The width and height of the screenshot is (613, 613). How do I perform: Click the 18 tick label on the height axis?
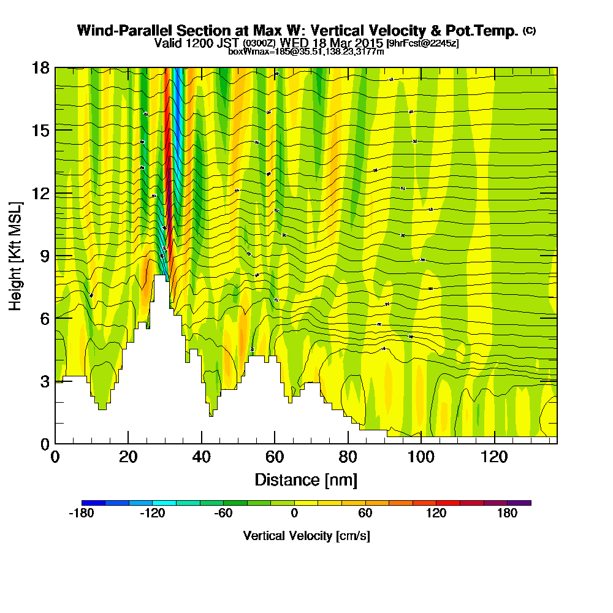tap(40, 67)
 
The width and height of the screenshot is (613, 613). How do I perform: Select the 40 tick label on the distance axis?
tap(201, 457)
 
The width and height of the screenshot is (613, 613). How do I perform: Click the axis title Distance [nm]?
tap(305, 479)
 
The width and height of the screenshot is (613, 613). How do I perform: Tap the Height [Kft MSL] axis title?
tap(16, 255)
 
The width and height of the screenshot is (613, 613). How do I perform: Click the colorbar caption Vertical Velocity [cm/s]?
tap(306, 536)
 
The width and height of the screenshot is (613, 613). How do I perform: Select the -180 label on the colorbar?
tap(82, 514)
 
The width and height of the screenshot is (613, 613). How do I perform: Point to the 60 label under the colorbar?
tap(365, 514)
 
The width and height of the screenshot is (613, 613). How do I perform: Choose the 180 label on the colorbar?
tap(507, 514)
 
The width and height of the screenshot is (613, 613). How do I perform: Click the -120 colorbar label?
tap(153, 514)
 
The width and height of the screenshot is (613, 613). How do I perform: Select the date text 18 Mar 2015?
tap(348, 44)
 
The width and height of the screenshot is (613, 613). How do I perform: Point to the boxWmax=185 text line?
tap(306, 52)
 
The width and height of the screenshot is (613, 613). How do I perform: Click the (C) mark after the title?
tap(529, 31)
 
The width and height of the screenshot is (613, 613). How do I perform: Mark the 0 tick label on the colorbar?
tap(294, 514)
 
